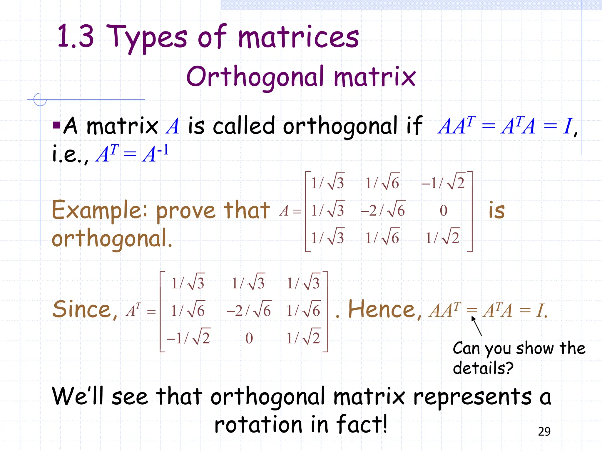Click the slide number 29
click(544, 431)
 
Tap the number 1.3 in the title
click(76, 36)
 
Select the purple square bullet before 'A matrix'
click(56, 125)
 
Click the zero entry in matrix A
click(443, 211)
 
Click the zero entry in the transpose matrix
click(249, 338)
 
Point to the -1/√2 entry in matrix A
click(443, 183)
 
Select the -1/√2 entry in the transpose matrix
click(188, 338)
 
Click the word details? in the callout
click(483, 368)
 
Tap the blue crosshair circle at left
click(40, 100)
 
